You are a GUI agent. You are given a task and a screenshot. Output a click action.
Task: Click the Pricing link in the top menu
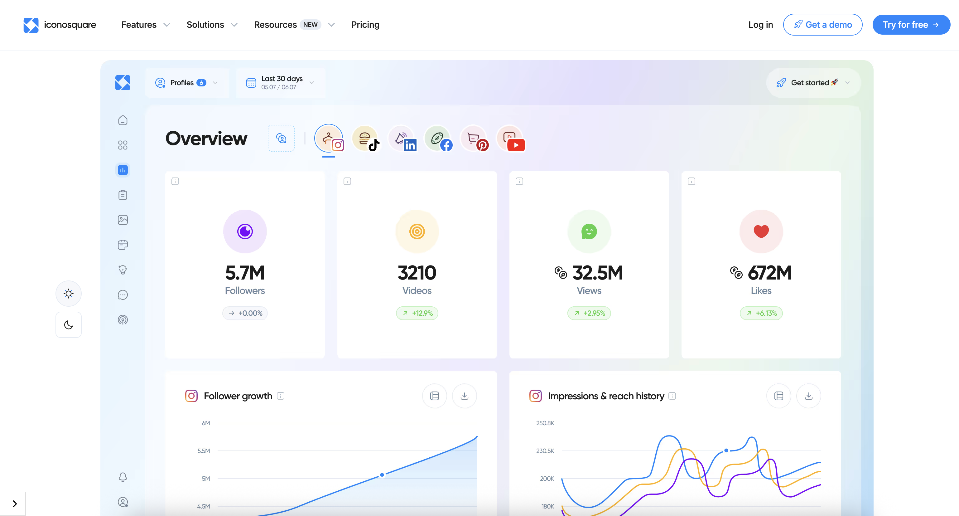365,25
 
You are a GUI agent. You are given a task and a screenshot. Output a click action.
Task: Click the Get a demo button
822,25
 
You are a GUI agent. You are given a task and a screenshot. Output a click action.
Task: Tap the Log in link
760,25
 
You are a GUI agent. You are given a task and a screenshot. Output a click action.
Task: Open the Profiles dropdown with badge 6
186,83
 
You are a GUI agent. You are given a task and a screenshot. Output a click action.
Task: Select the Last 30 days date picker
281,83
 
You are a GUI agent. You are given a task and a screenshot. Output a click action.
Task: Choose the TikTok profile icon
366,139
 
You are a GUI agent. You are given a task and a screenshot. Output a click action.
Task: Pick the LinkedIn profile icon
402,139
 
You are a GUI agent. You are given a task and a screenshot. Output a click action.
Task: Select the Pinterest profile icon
474,139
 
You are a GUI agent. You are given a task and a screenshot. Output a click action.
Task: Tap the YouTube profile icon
510,139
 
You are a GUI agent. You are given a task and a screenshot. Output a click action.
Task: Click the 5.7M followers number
245,273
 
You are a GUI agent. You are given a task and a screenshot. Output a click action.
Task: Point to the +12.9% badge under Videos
417,313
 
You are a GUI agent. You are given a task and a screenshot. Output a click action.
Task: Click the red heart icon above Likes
761,231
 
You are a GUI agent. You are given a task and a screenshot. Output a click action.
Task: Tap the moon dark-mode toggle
69,325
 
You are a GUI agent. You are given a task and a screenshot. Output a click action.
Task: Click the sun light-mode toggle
69,294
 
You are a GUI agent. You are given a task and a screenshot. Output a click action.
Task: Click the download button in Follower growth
464,396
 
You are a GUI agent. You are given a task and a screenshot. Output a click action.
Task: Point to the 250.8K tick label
545,423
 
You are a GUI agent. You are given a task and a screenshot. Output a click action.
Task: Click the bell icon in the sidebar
123,477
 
